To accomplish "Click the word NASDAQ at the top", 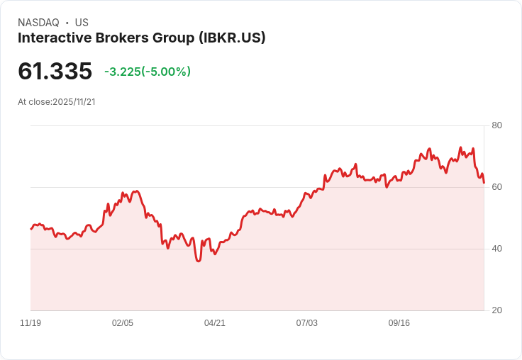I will point(38,23).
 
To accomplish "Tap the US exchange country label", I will point(82,23).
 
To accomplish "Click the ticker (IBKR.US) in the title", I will point(232,38).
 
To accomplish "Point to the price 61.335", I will point(55,72).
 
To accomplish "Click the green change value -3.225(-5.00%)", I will point(148,72).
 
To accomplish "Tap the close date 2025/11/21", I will point(74,101).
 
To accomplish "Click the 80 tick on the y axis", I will point(497,125).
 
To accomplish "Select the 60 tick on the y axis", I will point(497,187).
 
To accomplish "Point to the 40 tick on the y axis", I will point(497,249).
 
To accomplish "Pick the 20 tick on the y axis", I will point(497,310).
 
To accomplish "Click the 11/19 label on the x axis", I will point(30,323).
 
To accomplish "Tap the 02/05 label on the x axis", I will point(123,323).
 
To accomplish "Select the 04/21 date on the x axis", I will point(215,323).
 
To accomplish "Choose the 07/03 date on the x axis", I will point(307,323).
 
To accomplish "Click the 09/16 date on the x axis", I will point(399,323).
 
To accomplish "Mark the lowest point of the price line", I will point(199,261).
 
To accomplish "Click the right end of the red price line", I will point(484,183).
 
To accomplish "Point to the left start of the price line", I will point(30,229).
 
